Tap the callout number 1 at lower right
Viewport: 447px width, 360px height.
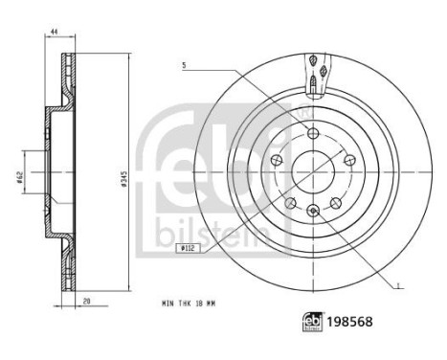pyautogui.click(x=397, y=283)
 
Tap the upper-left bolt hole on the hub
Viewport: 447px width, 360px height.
pyautogui.click(x=277, y=159)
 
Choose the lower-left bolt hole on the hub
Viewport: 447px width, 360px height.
pyautogui.click(x=290, y=201)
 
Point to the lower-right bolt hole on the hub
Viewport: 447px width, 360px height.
pyautogui.click(x=335, y=201)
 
